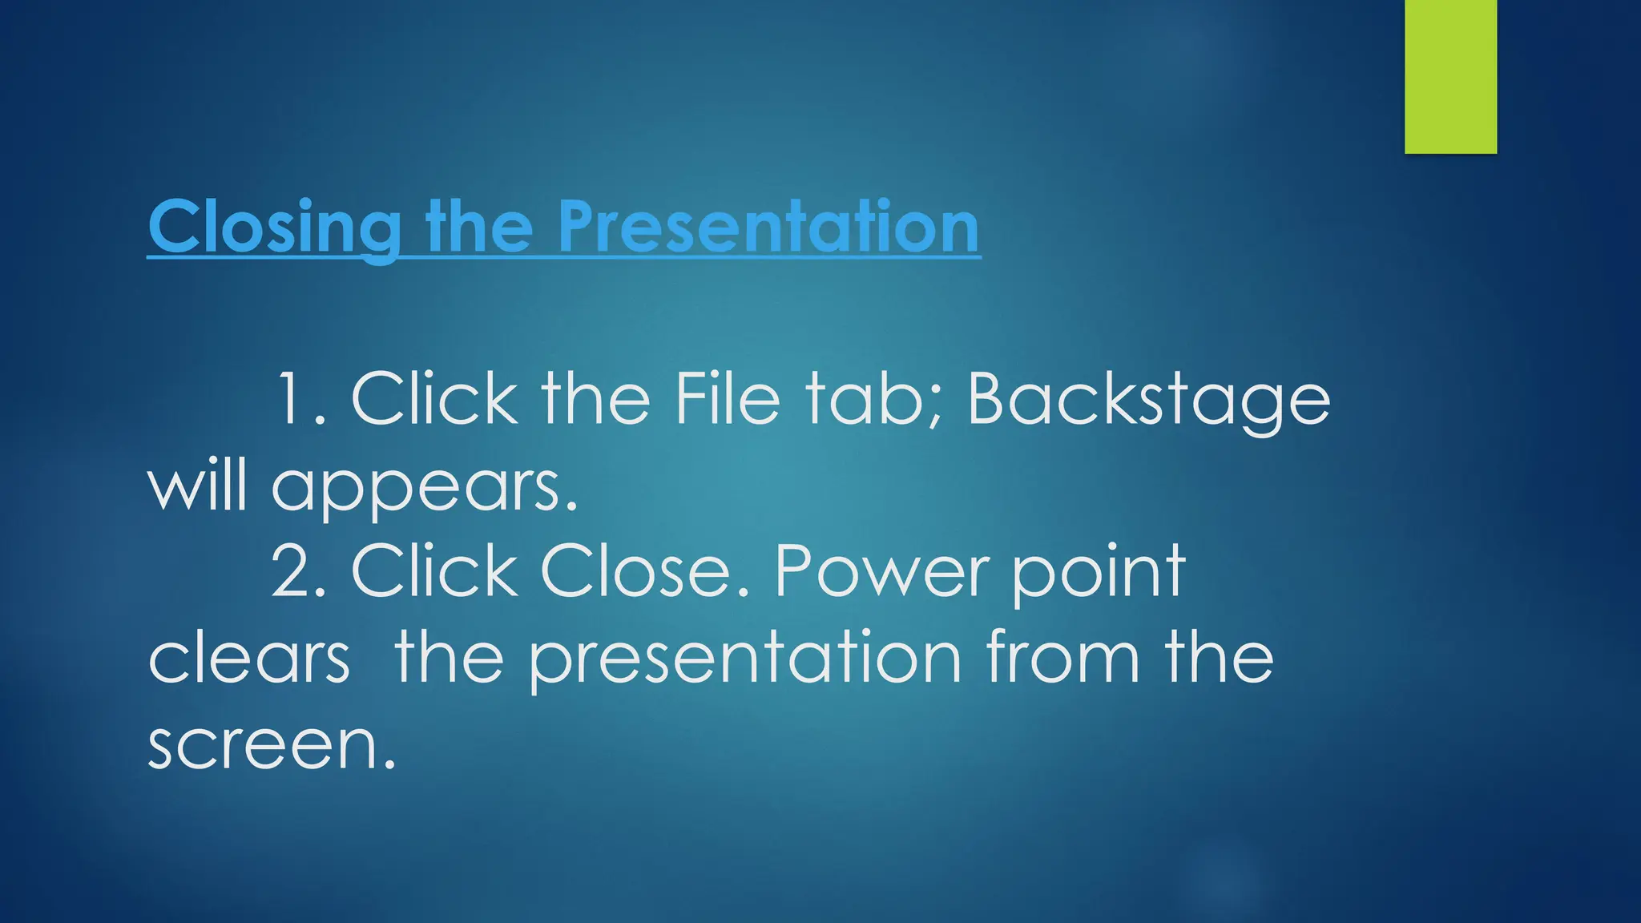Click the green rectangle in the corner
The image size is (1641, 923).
(x=1450, y=76)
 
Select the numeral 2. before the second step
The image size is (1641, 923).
(x=299, y=571)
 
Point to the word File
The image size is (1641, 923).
(x=726, y=399)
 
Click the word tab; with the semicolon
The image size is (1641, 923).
(x=873, y=399)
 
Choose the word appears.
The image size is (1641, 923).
(x=424, y=489)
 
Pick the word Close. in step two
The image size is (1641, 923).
(x=646, y=571)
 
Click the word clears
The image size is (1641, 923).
(x=249, y=659)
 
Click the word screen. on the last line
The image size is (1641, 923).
(x=272, y=745)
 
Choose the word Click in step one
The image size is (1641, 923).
(x=434, y=399)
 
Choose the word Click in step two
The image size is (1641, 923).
(x=434, y=571)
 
